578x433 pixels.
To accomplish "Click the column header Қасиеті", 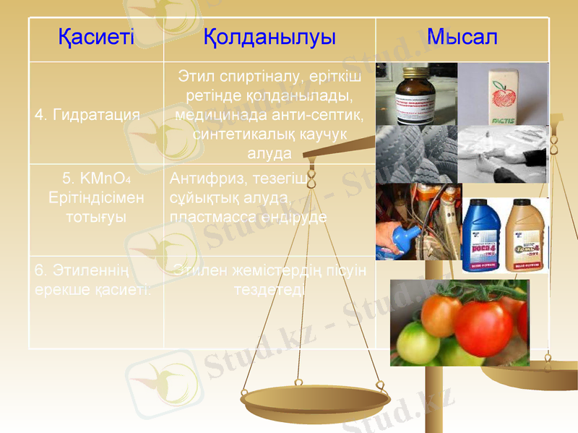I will (x=96, y=38).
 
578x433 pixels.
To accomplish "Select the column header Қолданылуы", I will (x=269, y=38).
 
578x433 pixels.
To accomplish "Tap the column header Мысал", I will (x=462, y=38).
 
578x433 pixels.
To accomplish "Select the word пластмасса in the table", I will (x=205, y=216).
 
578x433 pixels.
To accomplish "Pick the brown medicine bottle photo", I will (x=415, y=94).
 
